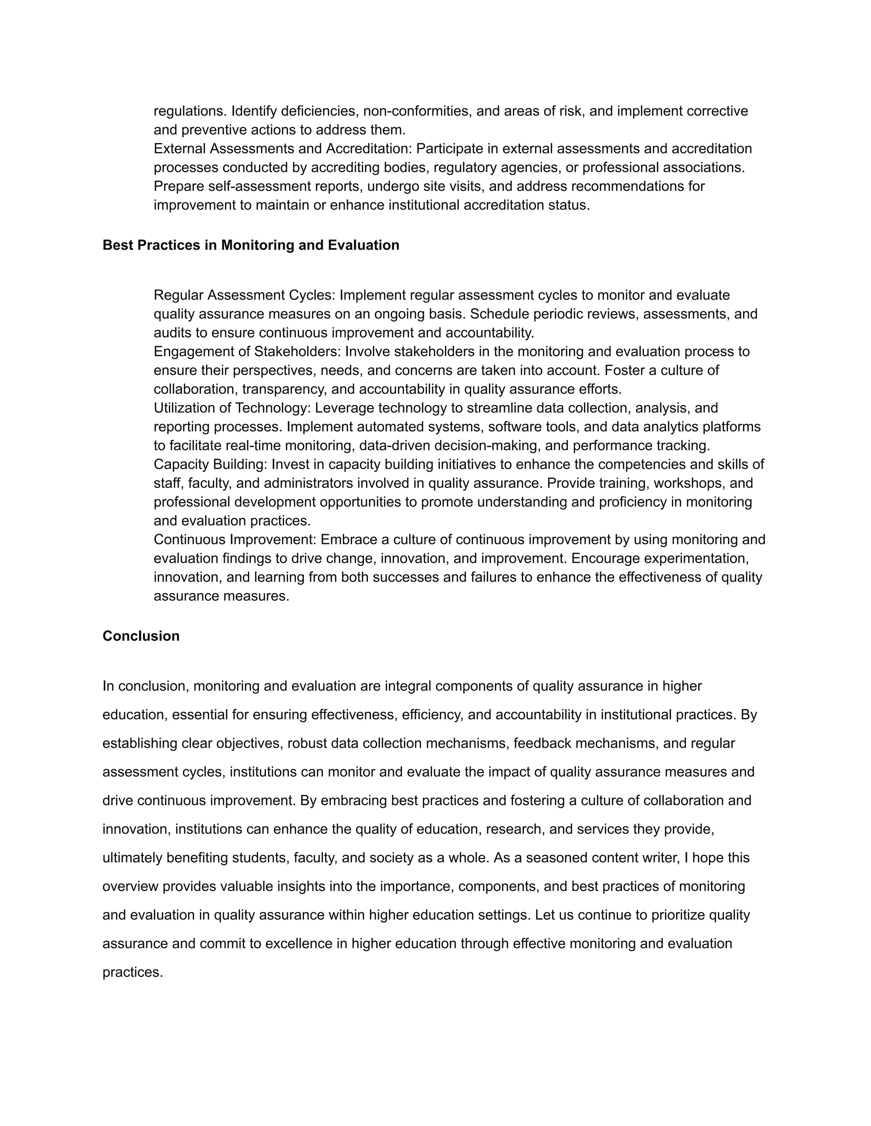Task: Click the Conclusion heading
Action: (x=141, y=636)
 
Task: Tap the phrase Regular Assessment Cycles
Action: (x=244, y=295)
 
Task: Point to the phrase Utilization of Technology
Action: (x=231, y=408)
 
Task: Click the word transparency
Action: (x=286, y=389)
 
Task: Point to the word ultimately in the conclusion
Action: (x=132, y=858)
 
